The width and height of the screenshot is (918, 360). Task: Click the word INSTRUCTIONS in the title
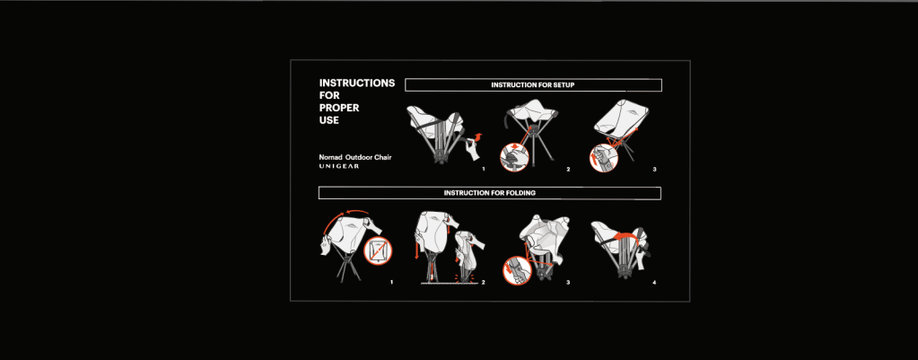(x=357, y=83)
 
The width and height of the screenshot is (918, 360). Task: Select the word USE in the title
(x=329, y=120)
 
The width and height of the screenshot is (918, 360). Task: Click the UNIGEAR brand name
(x=339, y=167)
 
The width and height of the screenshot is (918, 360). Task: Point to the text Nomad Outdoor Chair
(x=355, y=157)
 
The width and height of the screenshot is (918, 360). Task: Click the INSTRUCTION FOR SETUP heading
(x=533, y=85)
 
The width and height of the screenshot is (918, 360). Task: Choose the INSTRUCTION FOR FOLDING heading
(x=489, y=193)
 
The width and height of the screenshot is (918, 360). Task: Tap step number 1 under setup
(x=484, y=169)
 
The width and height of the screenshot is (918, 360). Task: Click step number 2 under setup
(x=568, y=169)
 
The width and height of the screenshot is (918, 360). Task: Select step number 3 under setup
(x=654, y=169)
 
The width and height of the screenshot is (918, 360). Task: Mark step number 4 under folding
(x=654, y=283)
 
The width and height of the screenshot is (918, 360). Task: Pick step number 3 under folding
(x=568, y=283)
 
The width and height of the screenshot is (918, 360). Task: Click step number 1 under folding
(x=392, y=283)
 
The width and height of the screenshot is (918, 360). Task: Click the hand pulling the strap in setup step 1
(x=472, y=148)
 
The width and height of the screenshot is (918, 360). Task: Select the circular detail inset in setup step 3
(x=599, y=159)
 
